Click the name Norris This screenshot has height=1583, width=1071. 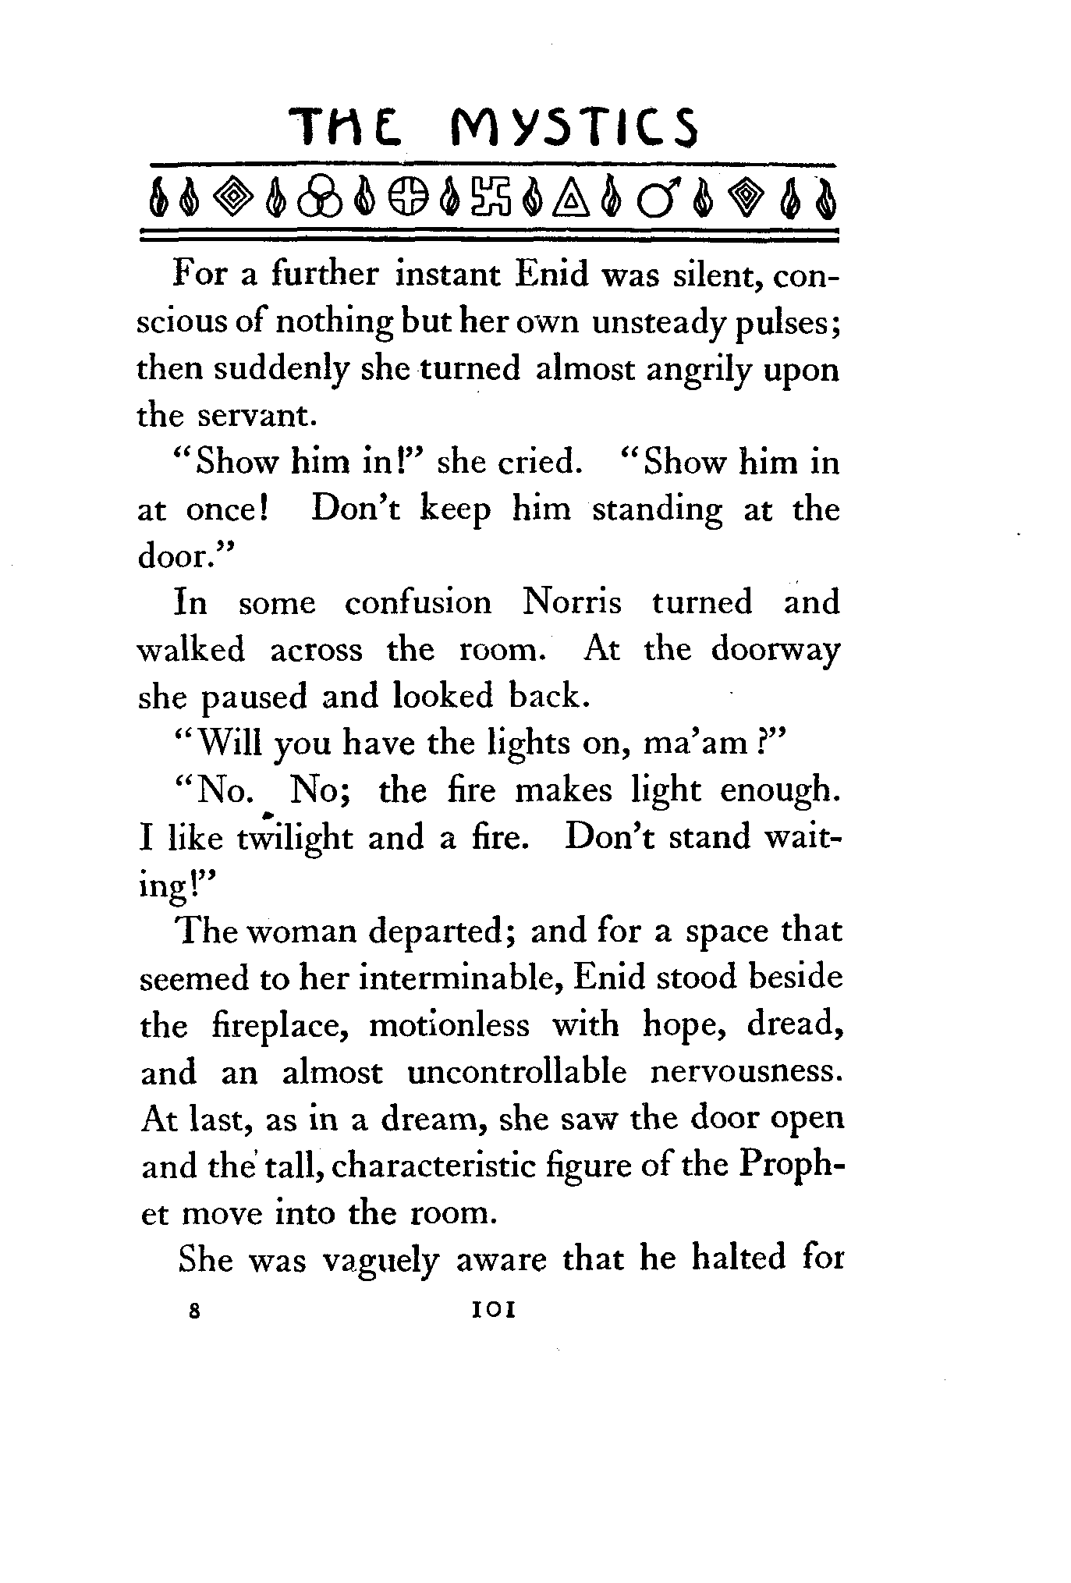(572, 603)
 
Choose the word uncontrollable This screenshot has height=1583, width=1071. (517, 1073)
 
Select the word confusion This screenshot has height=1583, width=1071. (418, 603)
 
